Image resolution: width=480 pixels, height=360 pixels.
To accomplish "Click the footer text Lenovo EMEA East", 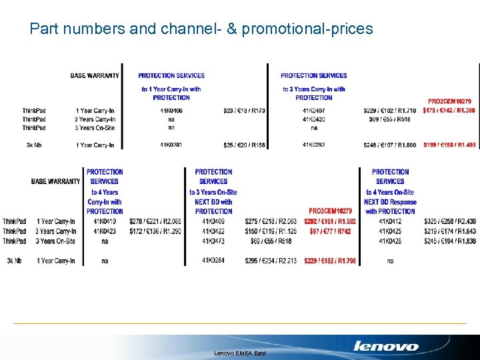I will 239,353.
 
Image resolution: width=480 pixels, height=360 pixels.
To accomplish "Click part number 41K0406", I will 171,111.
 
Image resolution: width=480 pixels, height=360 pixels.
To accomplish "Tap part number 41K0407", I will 314,111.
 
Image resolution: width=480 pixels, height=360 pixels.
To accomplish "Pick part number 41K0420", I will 314,119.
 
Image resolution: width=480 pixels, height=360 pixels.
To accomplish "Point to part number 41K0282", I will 314,145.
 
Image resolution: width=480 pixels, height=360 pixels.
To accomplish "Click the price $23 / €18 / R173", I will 244,111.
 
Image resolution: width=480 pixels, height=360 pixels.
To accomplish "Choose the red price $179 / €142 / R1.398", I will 449,111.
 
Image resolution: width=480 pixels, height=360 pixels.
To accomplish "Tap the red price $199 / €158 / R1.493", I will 449,145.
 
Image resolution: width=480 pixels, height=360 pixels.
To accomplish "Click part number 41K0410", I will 105,221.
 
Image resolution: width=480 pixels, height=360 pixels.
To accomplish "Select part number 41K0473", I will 213,241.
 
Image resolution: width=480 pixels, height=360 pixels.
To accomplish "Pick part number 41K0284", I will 213,261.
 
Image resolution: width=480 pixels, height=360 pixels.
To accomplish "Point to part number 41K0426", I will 390,241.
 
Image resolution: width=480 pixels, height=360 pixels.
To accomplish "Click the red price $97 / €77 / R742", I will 330,231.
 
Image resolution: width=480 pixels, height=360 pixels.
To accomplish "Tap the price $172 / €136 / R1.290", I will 155,231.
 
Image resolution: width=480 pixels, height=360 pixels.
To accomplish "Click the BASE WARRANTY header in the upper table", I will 95,75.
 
